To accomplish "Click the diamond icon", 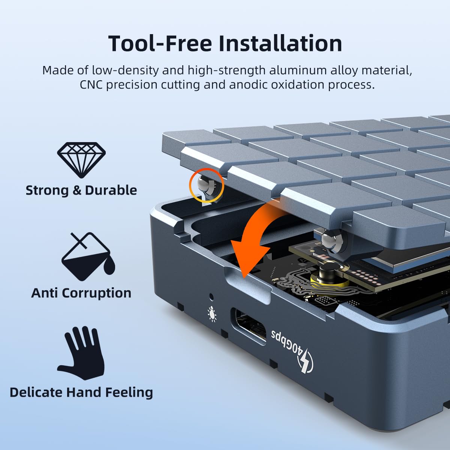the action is (x=81, y=160).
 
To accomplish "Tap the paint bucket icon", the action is (x=88, y=257).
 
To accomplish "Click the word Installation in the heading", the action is (x=280, y=43).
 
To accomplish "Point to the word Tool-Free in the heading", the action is (x=160, y=43).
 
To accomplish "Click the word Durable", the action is (x=111, y=190).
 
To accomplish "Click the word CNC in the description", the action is (x=91, y=84).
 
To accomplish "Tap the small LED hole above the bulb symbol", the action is (x=211, y=297).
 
